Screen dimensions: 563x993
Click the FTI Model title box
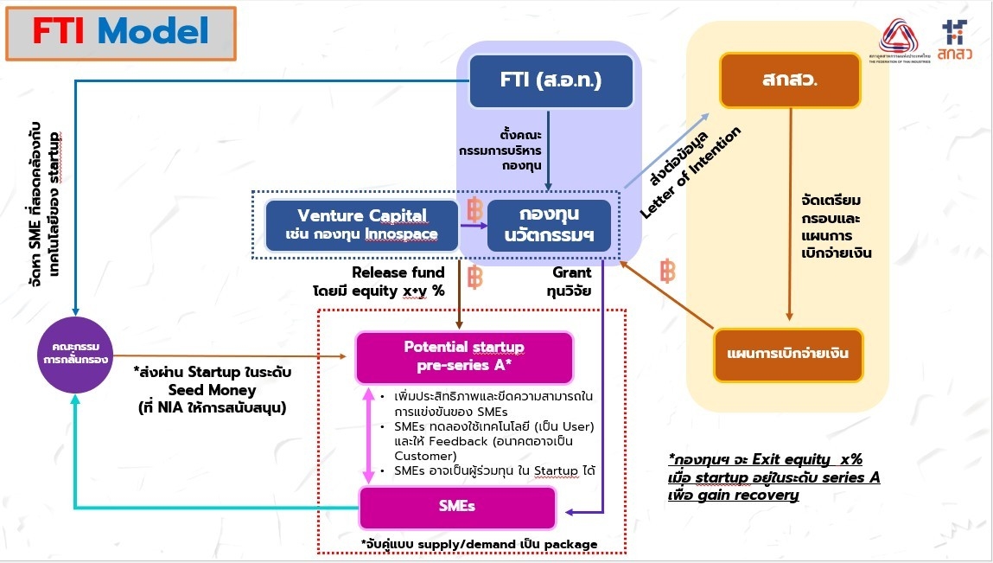(x=121, y=33)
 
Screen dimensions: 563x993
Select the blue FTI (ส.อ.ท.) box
(x=550, y=80)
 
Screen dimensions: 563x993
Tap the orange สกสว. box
(x=790, y=80)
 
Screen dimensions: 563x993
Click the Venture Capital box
(x=362, y=225)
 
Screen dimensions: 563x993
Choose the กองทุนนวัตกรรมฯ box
(x=549, y=225)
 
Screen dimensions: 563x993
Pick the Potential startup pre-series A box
(x=464, y=356)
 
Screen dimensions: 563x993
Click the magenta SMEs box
(x=456, y=507)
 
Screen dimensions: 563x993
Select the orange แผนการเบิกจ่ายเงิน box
(x=788, y=355)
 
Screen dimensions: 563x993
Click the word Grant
(x=572, y=272)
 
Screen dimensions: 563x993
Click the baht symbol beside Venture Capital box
(x=474, y=210)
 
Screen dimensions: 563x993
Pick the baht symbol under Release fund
(x=474, y=278)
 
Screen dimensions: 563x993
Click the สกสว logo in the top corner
(x=954, y=39)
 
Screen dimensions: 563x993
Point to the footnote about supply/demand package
(x=479, y=543)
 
